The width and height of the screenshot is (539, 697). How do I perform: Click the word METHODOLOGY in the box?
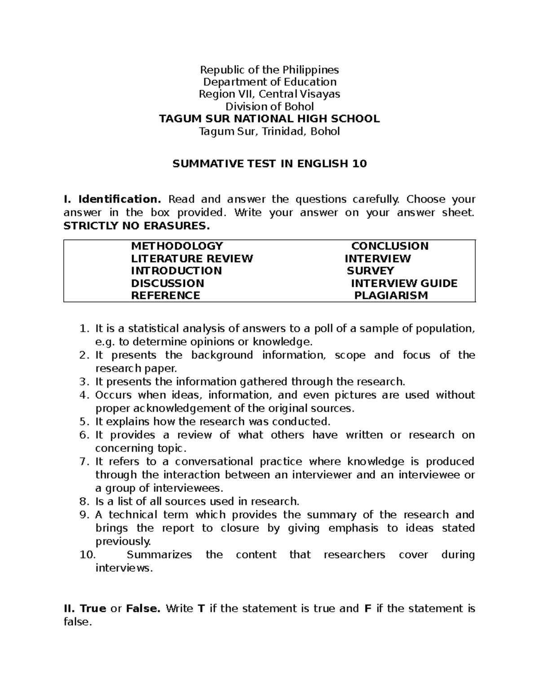tap(177, 246)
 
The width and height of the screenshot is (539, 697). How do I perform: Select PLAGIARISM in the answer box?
tap(391, 295)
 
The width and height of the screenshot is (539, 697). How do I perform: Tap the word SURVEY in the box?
tap(370, 271)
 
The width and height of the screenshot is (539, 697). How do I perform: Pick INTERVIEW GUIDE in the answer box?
tap(404, 283)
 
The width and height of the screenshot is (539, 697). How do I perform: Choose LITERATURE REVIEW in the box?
tap(192, 259)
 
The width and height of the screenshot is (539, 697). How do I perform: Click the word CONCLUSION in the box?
tap(389, 246)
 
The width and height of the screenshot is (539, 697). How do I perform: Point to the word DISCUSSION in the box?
tap(167, 283)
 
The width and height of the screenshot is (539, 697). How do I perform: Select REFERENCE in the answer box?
tap(165, 295)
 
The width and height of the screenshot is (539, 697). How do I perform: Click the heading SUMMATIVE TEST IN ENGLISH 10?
tap(269, 164)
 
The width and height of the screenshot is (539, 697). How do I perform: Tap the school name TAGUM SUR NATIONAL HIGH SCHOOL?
tap(269, 119)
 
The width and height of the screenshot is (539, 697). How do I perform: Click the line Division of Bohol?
tap(269, 106)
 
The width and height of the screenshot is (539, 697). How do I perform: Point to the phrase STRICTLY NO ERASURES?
tap(137, 226)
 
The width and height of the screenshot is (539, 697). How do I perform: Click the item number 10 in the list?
tap(87, 555)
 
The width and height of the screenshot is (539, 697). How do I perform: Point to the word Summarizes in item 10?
tap(159, 555)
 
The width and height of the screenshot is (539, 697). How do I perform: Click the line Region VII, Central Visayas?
tap(269, 94)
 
